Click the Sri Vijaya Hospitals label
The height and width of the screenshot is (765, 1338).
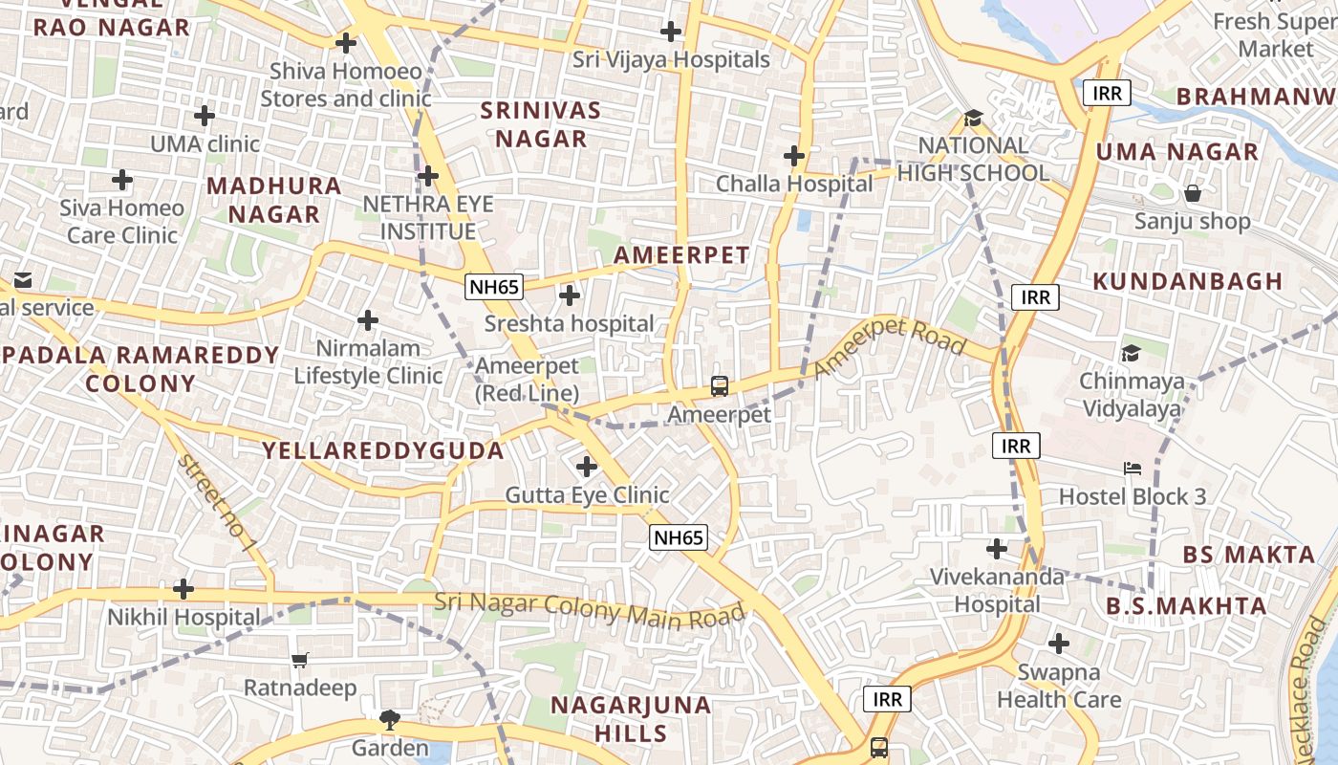pyautogui.click(x=671, y=60)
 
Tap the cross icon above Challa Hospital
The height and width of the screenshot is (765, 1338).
pyautogui.click(x=793, y=156)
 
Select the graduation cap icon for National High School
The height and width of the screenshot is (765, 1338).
pyautogui.click(x=973, y=119)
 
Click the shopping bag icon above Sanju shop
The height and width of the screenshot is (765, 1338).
pyautogui.click(x=1193, y=194)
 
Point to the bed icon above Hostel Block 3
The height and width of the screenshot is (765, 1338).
pyautogui.click(x=1133, y=469)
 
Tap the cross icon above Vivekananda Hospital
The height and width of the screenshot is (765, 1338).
pyautogui.click(x=997, y=549)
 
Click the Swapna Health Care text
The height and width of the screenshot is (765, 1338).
pyautogui.click(x=1059, y=686)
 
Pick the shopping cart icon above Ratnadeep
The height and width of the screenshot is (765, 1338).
pyautogui.click(x=300, y=660)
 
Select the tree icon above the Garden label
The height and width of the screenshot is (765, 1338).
pyautogui.click(x=389, y=720)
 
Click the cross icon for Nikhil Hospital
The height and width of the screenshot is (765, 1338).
pyautogui.click(x=183, y=589)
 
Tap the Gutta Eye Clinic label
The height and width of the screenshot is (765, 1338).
pyautogui.click(x=587, y=495)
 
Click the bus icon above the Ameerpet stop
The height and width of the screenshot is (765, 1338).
pyautogui.click(x=720, y=386)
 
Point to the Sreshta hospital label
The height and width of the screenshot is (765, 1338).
pyautogui.click(x=570, y=324)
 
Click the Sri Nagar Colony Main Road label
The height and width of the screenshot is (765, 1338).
pyautogui.click(x=589, y=610)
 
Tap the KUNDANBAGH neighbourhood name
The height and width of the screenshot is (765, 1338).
pyautogui.click(x=1187, y=281)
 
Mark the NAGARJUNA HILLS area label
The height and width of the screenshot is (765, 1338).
pyautogui.click(x=631, y=719)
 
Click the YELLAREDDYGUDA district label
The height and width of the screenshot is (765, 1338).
pyautogui.click(x=383, y=450)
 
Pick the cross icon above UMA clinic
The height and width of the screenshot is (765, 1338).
pyautogui.click(x=205, y=116)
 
